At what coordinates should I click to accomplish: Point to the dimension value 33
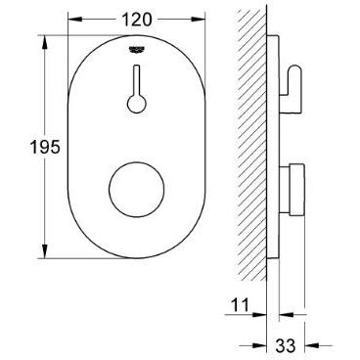pyautogui.click(x=287, y=344)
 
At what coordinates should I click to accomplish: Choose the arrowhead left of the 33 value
pyautogui.click(x=261, y=344)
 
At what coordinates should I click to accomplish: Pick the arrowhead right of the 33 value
pyautogui.click(x=312, y=344)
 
